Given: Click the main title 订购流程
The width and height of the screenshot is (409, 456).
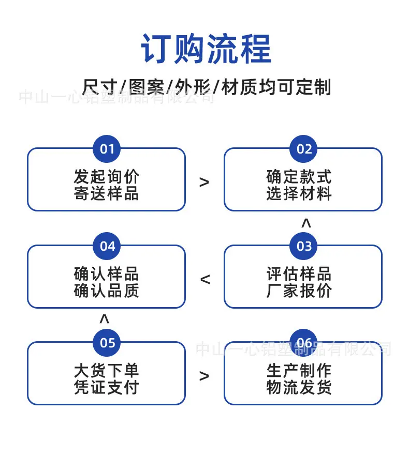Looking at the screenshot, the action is pyautogui.click(x=206, y=49).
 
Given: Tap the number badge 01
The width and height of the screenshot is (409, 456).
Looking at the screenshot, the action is pyautogui.click(x=107, y=149).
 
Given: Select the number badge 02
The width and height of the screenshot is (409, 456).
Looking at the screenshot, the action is pyautogui.click(x=303, y=149).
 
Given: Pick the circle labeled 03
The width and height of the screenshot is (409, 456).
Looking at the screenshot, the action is pyautogui.click(x=303, y=246).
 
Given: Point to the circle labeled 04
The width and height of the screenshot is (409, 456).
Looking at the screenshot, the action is pyautogui.click(x=107, y=246).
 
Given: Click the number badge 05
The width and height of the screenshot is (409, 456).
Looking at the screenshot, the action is pyautogui.click(x=107, y=343).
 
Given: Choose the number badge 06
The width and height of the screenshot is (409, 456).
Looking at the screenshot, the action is pyautogui.click(x=303, y=343).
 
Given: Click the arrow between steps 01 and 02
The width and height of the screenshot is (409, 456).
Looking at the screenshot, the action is pyautogui.click(x=204, y=182).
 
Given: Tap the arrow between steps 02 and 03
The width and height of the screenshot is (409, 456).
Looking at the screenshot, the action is pyautogui.click(x=306, y=223).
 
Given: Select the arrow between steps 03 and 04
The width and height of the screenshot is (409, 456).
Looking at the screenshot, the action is pyautogui.click(x=205, y=279).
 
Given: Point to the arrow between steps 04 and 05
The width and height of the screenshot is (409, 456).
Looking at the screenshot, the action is pyautogui.click(x=104, y=318).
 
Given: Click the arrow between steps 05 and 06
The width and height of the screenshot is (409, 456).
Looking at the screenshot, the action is pyautogui.click(x=204, y=376).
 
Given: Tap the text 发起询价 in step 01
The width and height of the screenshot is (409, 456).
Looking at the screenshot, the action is pyautogui.click(x=106, y=176).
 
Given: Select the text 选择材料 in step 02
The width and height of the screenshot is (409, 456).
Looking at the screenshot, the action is pyautogui.click(x=299, y=193).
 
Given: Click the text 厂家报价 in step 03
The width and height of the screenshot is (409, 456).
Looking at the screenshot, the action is pyautogui.click(x=299, y=290).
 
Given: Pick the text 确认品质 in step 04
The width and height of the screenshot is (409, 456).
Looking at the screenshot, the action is pyautogui.click(x=106, y=290).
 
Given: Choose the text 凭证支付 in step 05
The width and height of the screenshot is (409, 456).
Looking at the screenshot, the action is pyautogui.click(x=106, y=387).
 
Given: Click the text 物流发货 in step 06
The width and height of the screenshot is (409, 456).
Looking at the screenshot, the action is pyautogui.click(x=299, y=387).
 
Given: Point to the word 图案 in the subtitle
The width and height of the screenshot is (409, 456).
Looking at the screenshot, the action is pyautogui.click(x=146, y=87).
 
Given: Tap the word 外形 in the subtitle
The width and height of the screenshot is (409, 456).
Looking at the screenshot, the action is pyautogui.click(x=193, y=87).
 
